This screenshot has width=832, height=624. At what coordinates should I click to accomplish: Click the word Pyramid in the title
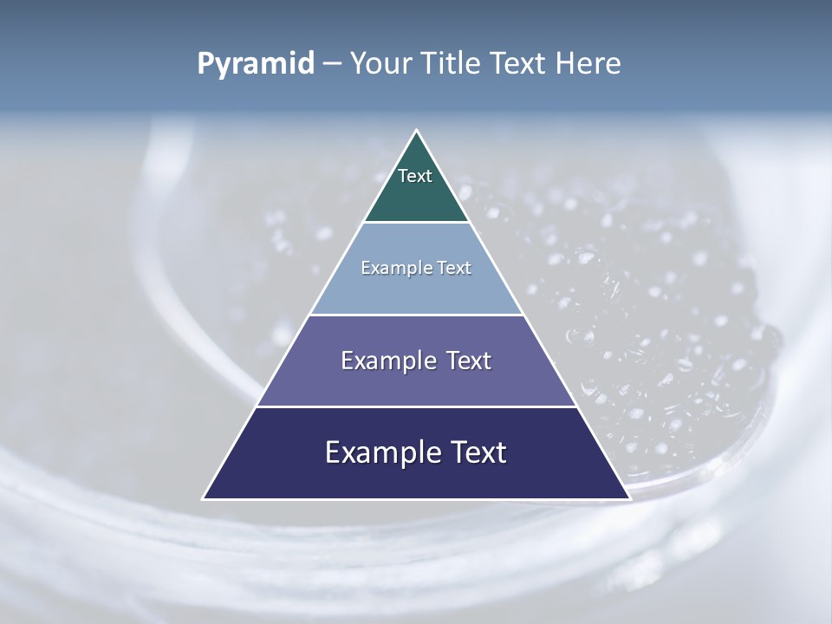256,64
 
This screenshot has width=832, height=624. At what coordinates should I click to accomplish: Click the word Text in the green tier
415,177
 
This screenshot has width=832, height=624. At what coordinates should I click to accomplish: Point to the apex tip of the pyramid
417,132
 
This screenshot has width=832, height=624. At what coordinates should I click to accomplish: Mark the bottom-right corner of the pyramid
628,497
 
